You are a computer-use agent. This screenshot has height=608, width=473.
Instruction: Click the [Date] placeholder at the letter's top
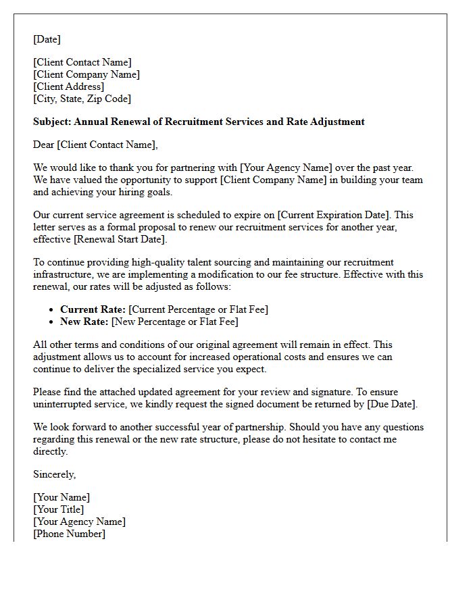pos(47,39)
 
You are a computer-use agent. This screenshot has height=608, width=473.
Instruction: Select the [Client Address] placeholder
pos(69,86)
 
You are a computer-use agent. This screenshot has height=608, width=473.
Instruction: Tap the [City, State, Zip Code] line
pos(82,99)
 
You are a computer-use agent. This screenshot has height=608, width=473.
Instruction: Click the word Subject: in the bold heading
pos(52,122)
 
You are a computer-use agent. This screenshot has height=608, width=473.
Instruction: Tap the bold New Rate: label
pos(84,322)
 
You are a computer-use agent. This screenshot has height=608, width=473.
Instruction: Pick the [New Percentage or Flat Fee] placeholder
pos(175,322)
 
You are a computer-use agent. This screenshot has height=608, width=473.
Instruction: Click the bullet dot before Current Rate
pos(53,309)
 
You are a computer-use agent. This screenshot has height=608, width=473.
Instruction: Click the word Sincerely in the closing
pos(54,474)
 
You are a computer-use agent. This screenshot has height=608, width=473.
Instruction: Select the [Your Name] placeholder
pos(61,497)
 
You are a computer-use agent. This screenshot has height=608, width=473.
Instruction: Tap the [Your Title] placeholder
pos(59,509)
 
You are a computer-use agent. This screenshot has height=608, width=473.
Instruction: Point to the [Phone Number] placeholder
pos(69,534)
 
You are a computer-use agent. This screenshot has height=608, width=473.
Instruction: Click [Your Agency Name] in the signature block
pos(79,522)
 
